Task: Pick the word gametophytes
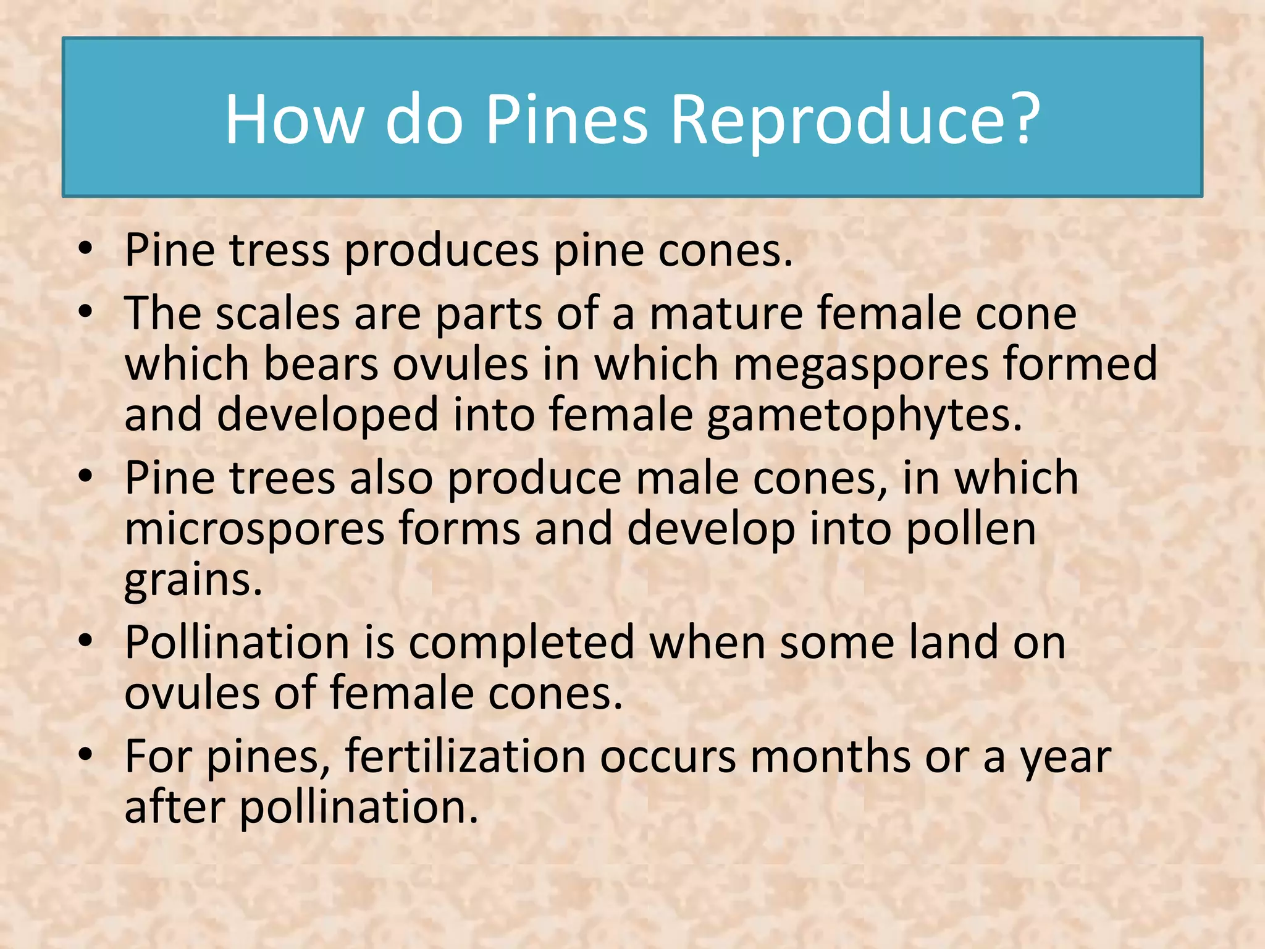point(864,415)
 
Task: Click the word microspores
point(254,529)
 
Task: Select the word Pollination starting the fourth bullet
point(237,643)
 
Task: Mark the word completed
point(521,643)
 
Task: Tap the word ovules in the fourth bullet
point(192,693)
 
